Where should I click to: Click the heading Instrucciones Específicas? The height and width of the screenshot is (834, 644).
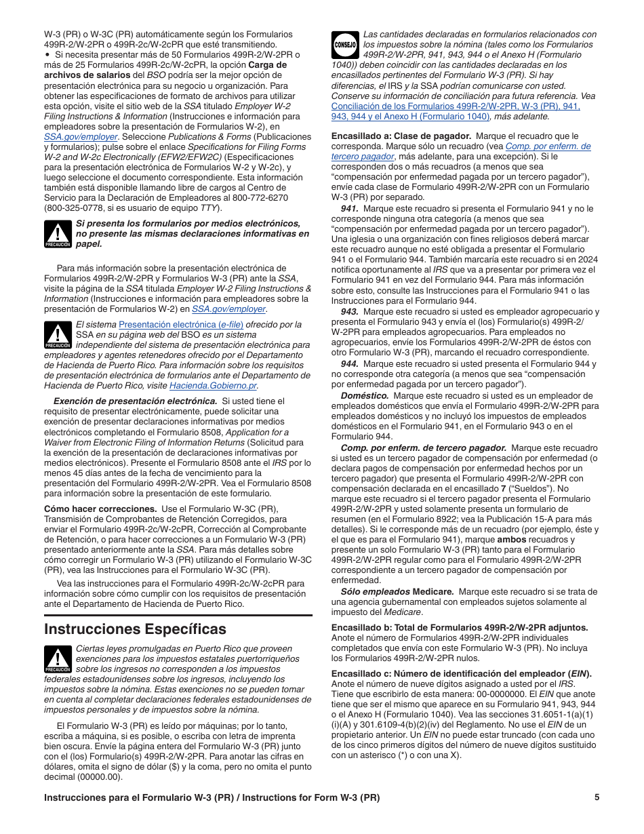[135, 629]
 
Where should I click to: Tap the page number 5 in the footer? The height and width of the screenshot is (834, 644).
[597, 797]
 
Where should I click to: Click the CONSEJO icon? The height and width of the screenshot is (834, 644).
[345, 44]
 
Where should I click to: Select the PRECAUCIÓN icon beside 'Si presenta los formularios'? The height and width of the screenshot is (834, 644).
[58, 234]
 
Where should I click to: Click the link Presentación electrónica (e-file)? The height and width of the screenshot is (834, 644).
[181, 325]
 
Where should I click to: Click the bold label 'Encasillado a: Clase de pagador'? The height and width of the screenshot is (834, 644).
[401, 136]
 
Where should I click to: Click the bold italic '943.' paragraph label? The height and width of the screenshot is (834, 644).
[350, 312]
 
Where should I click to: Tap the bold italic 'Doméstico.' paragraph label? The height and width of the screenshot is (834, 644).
[365, 396]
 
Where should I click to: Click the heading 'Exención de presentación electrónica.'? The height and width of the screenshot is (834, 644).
[136, 401]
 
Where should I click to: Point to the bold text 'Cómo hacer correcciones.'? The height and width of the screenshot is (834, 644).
[100, 509]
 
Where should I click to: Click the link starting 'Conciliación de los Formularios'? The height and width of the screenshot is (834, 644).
[456, 106]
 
